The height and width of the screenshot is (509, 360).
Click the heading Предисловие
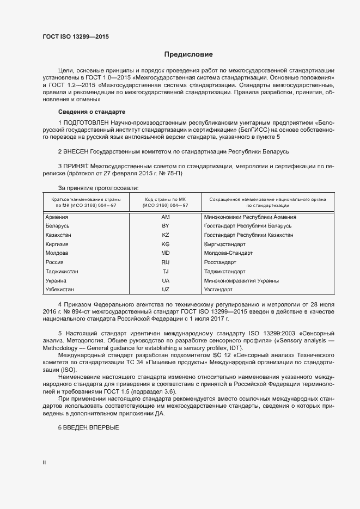point(188,54)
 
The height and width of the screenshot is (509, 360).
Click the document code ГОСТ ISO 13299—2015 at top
point(79,36)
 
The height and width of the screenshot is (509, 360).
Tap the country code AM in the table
point(166,217)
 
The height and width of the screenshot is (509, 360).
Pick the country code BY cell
point(166,226)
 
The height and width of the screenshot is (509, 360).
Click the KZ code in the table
point(166,235)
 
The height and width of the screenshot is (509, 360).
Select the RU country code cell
point(166,262)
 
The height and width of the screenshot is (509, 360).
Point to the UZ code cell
point(166,290)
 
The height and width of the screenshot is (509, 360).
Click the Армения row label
point(57,217)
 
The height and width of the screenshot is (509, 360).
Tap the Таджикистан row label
point(63,272)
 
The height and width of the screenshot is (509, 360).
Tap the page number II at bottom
point(44,463)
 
